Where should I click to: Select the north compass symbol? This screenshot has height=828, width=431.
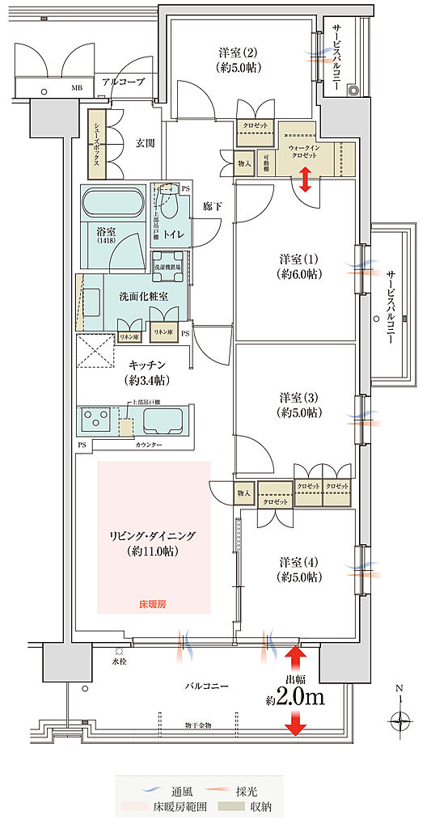pyautogui.click(x=399, y=717)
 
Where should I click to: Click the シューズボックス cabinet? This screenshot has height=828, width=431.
pyautogui.click(x=95, y=145)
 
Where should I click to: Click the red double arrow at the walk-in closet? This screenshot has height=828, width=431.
pyautogui.click(x=306, y=180)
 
